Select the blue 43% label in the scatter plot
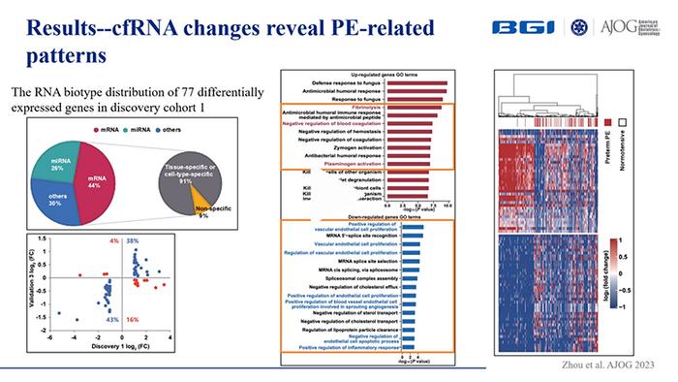pyautogui.click(x=112, y=319)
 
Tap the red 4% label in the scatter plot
pyautogui.click(x=114, y=240)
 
